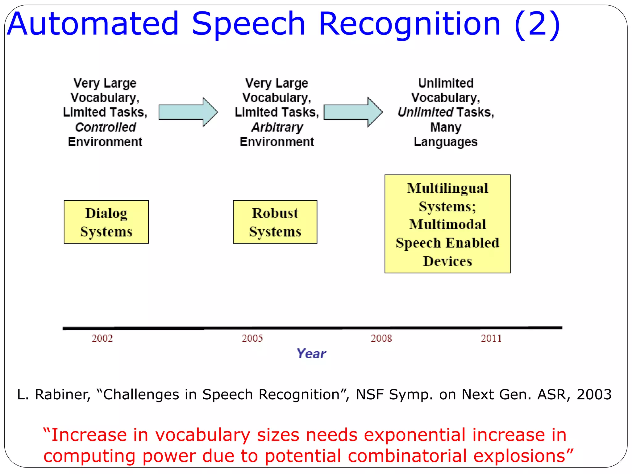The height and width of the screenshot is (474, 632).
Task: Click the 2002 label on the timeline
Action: tap(102, 339)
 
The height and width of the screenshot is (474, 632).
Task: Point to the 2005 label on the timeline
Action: tap(252, 339)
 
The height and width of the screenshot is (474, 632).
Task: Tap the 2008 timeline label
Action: tap(381, 339)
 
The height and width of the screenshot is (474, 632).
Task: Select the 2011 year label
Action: tap(491, 339)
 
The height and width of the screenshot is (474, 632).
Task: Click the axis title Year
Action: tap(311, 354)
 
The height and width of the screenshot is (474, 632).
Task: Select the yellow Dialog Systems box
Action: tap(106, 222)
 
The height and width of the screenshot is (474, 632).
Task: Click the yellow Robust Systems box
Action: tap(275, 222)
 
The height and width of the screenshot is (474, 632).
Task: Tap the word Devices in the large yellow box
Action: tap(447, 261)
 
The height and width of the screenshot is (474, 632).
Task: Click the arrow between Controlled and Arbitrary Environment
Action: tap(188, 112)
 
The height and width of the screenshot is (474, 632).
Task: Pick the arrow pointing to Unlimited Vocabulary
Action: tap(353, 112)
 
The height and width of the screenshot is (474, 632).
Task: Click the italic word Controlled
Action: tap(106, 127)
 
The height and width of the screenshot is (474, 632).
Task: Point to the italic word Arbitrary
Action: tap(277, 127)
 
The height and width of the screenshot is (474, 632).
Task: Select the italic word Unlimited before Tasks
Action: tap(425, 112)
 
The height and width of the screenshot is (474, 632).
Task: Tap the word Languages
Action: tap(446, 142)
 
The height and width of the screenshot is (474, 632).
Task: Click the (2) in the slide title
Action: tap(537, 24)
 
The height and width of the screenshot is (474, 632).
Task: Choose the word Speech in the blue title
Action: tap(248, 24)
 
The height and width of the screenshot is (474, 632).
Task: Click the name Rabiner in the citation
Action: tap(63, 394)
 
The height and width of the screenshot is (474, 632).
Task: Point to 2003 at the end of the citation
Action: tap(594, 394)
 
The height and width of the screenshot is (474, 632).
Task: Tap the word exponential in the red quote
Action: tap(414, 435)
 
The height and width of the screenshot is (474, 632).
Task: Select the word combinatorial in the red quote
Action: tap(407, 456)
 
